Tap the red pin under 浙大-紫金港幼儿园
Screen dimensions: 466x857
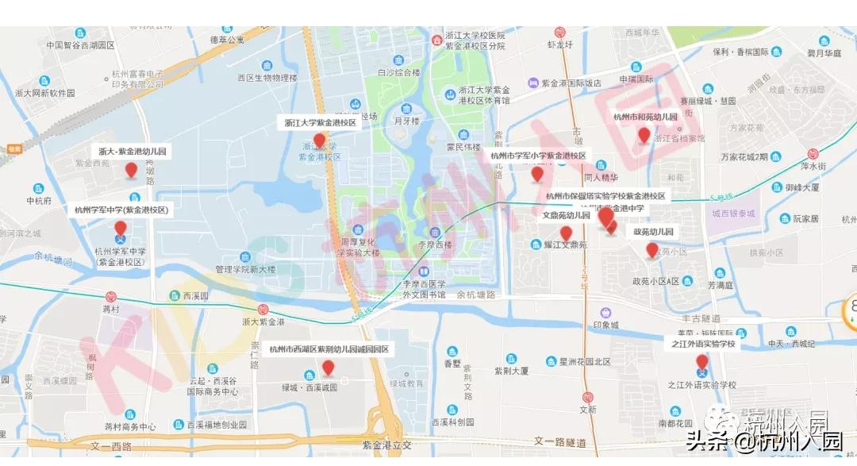(132, 168)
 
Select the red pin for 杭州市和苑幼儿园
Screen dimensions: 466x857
(644, 135)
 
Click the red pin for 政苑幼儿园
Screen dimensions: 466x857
(652, 250)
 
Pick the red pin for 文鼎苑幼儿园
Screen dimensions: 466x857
(566, 233)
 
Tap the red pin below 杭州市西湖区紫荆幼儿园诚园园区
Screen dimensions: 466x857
(328, 368)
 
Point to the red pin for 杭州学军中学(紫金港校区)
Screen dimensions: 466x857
(121, 229)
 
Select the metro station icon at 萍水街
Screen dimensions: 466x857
(812, 153)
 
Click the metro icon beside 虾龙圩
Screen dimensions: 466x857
(559, 33)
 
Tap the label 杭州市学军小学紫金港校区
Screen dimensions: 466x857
(538, 156)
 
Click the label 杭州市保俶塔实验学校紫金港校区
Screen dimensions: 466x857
(605, 195)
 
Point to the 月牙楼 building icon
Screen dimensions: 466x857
(406, 109)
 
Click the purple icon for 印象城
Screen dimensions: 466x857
(605, 312)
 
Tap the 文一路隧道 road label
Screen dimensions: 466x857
(560, 441)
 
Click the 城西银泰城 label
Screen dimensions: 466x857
(732, 214)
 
